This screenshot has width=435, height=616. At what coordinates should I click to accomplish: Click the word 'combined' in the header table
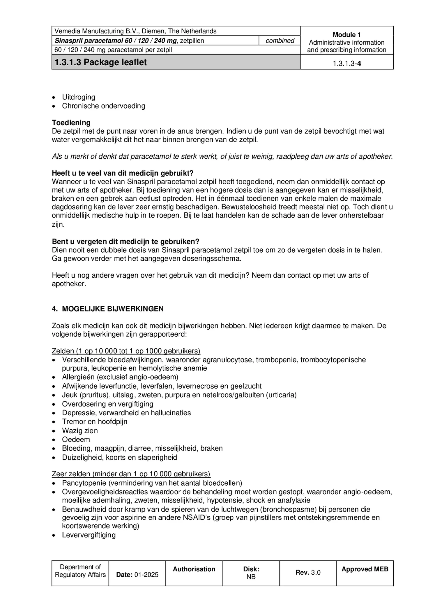280,41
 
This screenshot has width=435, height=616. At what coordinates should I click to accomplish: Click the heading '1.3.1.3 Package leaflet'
101,62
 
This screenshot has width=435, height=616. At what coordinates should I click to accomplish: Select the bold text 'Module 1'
346,35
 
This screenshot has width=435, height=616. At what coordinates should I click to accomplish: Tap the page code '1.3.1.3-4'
347,64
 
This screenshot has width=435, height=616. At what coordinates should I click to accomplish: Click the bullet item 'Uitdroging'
79,97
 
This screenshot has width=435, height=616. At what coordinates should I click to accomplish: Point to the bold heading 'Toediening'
71,123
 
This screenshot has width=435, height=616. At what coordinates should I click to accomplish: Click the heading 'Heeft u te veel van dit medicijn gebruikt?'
123,173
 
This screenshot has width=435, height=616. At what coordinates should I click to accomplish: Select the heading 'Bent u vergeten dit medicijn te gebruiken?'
125,242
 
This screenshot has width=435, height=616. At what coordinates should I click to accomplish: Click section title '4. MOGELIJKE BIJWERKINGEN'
108,309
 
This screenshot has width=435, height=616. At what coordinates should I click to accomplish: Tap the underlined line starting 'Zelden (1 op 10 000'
126,351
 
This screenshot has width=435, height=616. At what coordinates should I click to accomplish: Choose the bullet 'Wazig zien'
80,431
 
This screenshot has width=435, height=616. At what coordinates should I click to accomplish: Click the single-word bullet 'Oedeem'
76,440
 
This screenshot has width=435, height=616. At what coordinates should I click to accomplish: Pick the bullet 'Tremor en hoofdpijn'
95,422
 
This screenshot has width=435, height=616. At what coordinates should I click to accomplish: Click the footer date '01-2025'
146,575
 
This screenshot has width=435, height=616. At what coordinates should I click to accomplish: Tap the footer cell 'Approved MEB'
365,569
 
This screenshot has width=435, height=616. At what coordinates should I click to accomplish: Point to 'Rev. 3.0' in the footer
308,573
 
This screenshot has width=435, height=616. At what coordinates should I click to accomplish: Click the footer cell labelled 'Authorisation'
194,569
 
